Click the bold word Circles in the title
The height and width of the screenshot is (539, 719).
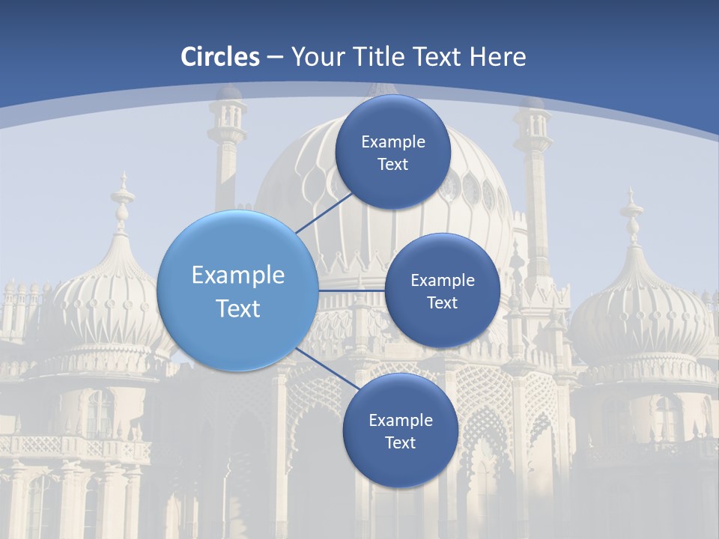[x=220, y=57]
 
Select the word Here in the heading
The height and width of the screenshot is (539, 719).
[x=498, y=57]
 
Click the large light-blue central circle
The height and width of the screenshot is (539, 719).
[x=237, y=290]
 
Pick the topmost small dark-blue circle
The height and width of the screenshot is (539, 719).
[x=392, y=152]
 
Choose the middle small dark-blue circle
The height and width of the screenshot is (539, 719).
[x=442, y=290]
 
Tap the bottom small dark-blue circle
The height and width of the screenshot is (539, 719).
[x=400, y=430]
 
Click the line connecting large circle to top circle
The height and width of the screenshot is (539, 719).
[x=323, y=213]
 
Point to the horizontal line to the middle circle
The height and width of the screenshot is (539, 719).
[x=352, y=290]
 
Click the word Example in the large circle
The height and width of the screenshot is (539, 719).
[x=238, y=275]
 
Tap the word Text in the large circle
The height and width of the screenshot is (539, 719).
[x=238, y=308]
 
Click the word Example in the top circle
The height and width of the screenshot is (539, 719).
[x=392, y=141]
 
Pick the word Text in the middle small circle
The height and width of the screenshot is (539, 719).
[x=442, y=302]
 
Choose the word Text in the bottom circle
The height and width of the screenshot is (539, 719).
[x=400, y=442]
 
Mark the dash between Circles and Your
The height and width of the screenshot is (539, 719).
[x=275, y=57]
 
